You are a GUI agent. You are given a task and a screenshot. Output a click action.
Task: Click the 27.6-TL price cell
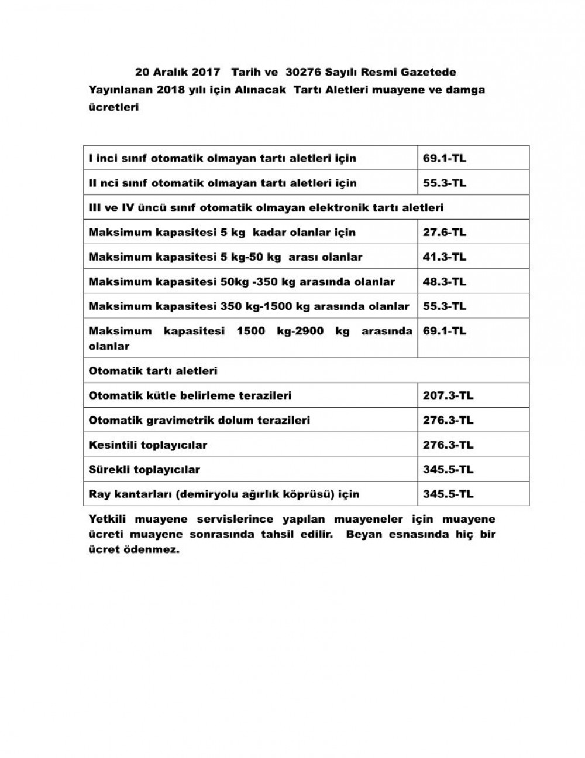[445, 233]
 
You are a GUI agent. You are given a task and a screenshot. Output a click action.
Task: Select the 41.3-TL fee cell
[445, 257]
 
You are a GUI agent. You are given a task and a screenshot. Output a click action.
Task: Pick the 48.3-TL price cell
[445, 282]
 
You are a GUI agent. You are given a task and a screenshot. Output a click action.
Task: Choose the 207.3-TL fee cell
[448, 395]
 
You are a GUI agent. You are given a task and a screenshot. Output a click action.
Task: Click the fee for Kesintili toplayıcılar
[448, 445]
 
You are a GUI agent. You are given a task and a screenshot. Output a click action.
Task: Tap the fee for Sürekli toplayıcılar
[448, 469]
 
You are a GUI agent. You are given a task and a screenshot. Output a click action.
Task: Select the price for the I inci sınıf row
[445, 158]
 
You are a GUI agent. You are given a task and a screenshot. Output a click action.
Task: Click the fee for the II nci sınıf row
[445, 183]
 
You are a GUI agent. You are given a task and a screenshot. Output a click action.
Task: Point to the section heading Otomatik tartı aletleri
[153, 371]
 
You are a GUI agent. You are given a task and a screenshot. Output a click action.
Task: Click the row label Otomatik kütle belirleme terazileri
[190, 395]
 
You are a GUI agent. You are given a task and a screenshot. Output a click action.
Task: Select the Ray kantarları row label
[224, 494]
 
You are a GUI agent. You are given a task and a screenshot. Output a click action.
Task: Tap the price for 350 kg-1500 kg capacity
[445, 306]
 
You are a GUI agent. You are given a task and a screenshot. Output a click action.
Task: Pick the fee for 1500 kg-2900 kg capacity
[445, 331]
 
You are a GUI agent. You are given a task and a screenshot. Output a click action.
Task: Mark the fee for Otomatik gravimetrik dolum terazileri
[448, 420]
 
